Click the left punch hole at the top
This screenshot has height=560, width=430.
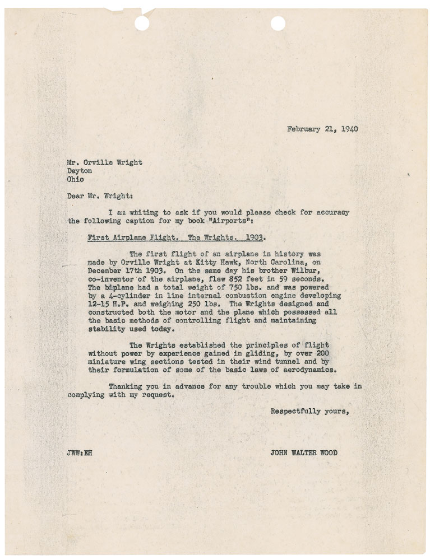(143, 23)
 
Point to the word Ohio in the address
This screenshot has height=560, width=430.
(76, 180)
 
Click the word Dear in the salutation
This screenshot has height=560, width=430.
(76, 196)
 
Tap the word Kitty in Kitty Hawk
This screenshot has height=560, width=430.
(203, 263)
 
